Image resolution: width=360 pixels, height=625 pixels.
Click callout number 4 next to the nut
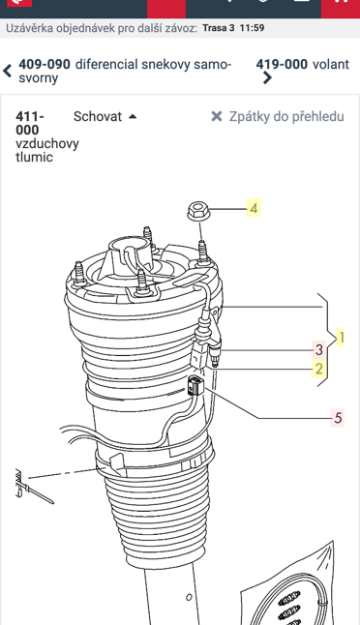254,208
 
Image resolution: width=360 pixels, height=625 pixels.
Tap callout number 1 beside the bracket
341,338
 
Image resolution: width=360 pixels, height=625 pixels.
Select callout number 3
319,349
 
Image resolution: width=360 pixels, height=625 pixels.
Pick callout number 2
319,369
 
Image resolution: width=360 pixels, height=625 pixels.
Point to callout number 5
338,418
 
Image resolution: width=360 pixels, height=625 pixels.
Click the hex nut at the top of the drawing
196,211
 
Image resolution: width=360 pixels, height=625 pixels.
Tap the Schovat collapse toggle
105,116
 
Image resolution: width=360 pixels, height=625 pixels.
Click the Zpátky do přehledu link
286,116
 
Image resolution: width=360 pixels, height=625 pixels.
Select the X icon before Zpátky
217,116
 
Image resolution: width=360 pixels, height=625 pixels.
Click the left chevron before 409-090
7,71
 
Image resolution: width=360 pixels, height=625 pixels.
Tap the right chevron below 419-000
267,77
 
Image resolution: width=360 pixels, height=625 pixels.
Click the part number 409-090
45,64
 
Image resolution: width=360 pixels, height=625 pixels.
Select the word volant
331,64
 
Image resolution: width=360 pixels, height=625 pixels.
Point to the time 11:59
252,28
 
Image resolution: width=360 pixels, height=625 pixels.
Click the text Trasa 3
219,28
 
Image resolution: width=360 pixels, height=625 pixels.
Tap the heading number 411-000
30,123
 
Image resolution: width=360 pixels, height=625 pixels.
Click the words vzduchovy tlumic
47,150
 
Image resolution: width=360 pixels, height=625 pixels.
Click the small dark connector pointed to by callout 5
195,385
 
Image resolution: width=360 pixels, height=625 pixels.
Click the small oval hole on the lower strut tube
189,597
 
